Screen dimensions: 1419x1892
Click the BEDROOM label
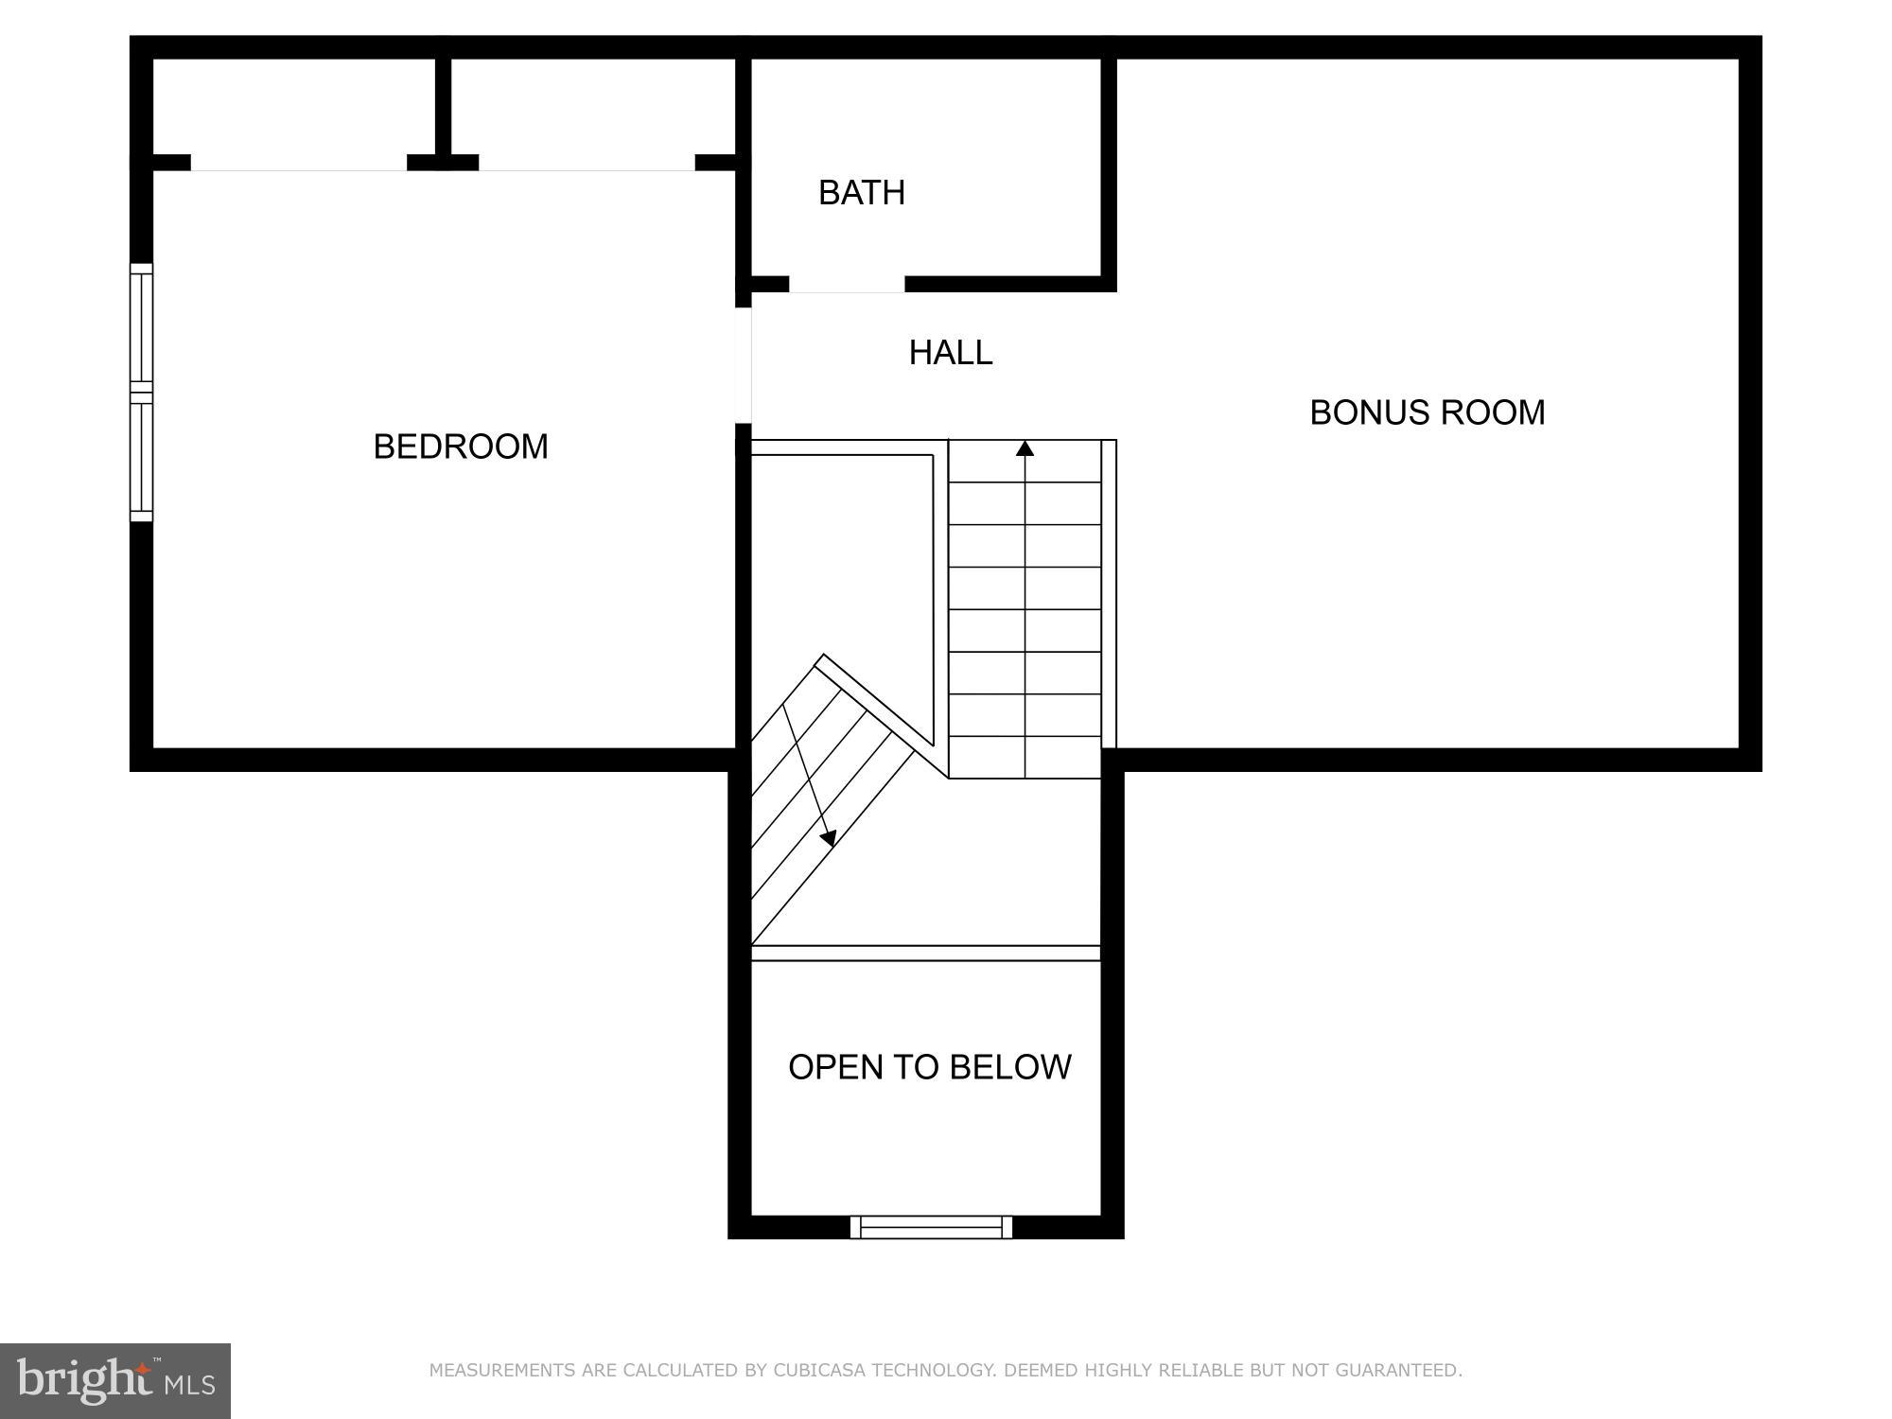[461, 447]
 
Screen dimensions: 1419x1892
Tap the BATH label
[862, 193]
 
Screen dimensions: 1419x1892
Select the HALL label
[951, 353]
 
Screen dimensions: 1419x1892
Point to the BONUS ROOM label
[1427, 412]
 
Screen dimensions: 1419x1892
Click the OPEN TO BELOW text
[929, 1067]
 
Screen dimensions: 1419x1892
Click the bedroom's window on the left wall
[141, 392]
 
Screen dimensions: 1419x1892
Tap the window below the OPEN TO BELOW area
[931, 1227]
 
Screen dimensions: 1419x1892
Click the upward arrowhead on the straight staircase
[1025, 448]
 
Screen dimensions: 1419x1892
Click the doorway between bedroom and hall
[744, 365]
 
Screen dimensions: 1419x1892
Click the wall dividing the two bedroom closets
[443, 109]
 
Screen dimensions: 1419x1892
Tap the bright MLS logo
[115, 1380]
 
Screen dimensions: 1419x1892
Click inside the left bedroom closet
[293, 106]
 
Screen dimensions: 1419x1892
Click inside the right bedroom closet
[592, 106]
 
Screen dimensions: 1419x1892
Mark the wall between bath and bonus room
[1109, 170]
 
